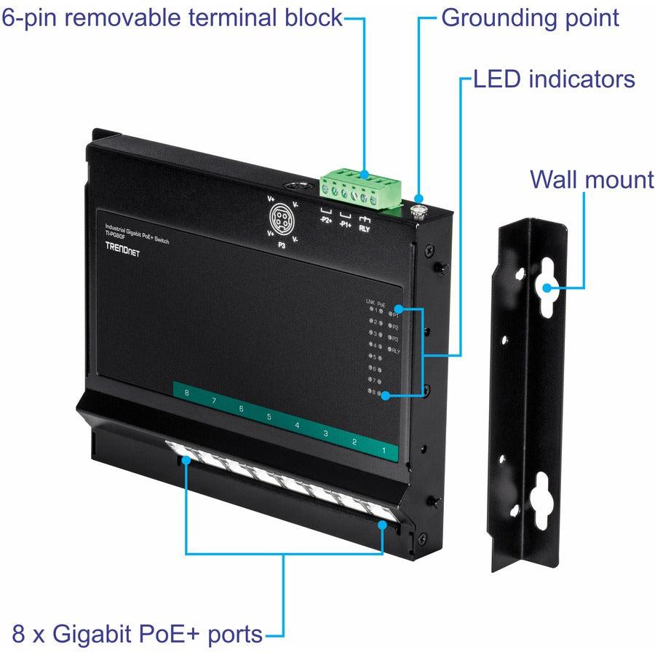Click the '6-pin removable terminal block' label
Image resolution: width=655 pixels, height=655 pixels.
click(172, 17)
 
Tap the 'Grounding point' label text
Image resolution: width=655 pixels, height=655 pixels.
click(530, 17)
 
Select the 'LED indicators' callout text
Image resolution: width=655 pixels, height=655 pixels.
click(554, 79)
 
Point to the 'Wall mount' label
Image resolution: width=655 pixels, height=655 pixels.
click(592, 178)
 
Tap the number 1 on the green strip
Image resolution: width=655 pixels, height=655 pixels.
click(383, 450)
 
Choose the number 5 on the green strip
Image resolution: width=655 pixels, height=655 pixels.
click(269, 417)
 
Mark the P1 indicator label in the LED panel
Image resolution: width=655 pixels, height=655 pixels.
click(396, 314)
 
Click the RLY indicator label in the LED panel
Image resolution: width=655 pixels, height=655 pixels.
click(396, 351)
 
